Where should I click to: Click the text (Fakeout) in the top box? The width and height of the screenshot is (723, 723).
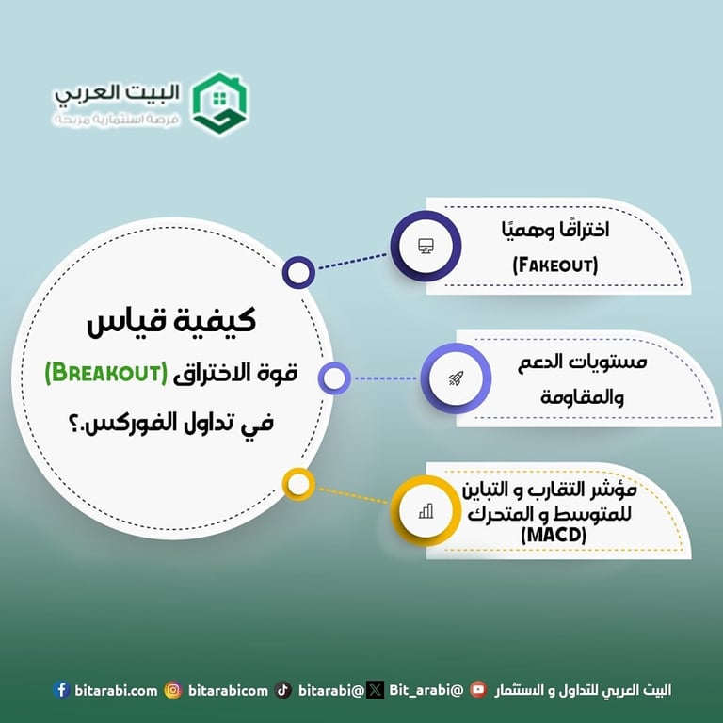[555, 265]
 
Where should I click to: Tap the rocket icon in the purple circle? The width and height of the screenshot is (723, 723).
[456, 378]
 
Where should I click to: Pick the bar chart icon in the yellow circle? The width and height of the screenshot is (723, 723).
[426, 511]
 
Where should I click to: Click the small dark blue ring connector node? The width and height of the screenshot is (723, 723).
[298, 273]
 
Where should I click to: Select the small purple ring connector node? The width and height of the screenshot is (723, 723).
[333, 378]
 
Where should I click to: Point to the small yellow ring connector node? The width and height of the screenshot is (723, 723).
[298, 485]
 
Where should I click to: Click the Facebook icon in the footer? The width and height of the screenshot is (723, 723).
[62, 690]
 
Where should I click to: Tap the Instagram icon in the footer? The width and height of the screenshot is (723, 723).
[172, 690]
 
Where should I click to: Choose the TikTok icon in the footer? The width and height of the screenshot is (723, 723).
[283, 690]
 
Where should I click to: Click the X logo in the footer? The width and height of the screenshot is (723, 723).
[375, 690]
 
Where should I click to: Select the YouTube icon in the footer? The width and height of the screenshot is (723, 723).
[478, 690]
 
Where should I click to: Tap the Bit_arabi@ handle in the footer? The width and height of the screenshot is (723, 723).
[426, 690]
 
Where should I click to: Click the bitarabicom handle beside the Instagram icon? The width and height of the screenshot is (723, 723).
[228, 690]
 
